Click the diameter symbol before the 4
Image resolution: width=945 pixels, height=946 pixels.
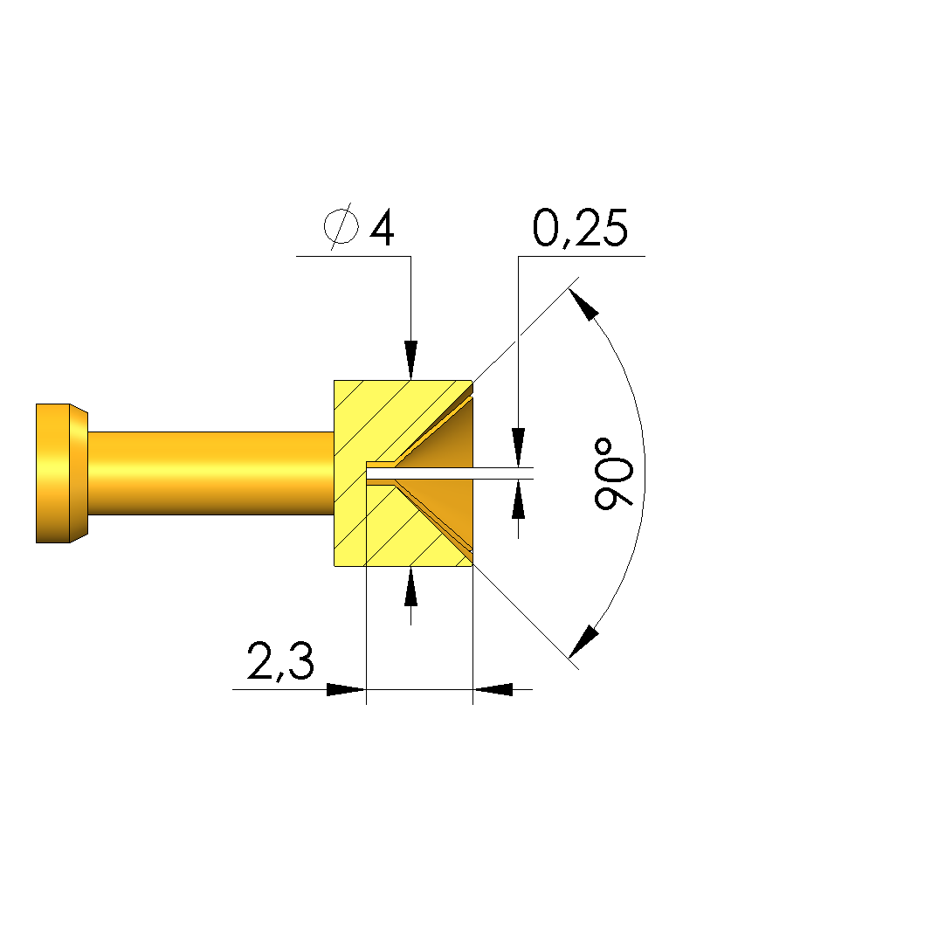tap(341, 227)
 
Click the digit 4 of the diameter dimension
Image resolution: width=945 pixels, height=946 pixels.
tap(382, 227)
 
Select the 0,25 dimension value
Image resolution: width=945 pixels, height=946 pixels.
tap(580, 229)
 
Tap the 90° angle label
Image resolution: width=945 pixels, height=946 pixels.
tap(614, 473)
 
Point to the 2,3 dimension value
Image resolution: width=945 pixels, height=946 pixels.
tap(280, 662)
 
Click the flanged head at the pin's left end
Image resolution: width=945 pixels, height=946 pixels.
tap(61, 473)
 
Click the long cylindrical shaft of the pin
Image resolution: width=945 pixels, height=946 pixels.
tap(211, 473)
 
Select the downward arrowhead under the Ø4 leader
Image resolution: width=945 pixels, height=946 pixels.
tap(410, 360)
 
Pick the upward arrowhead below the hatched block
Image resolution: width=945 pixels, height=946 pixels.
tap(410, 586)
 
